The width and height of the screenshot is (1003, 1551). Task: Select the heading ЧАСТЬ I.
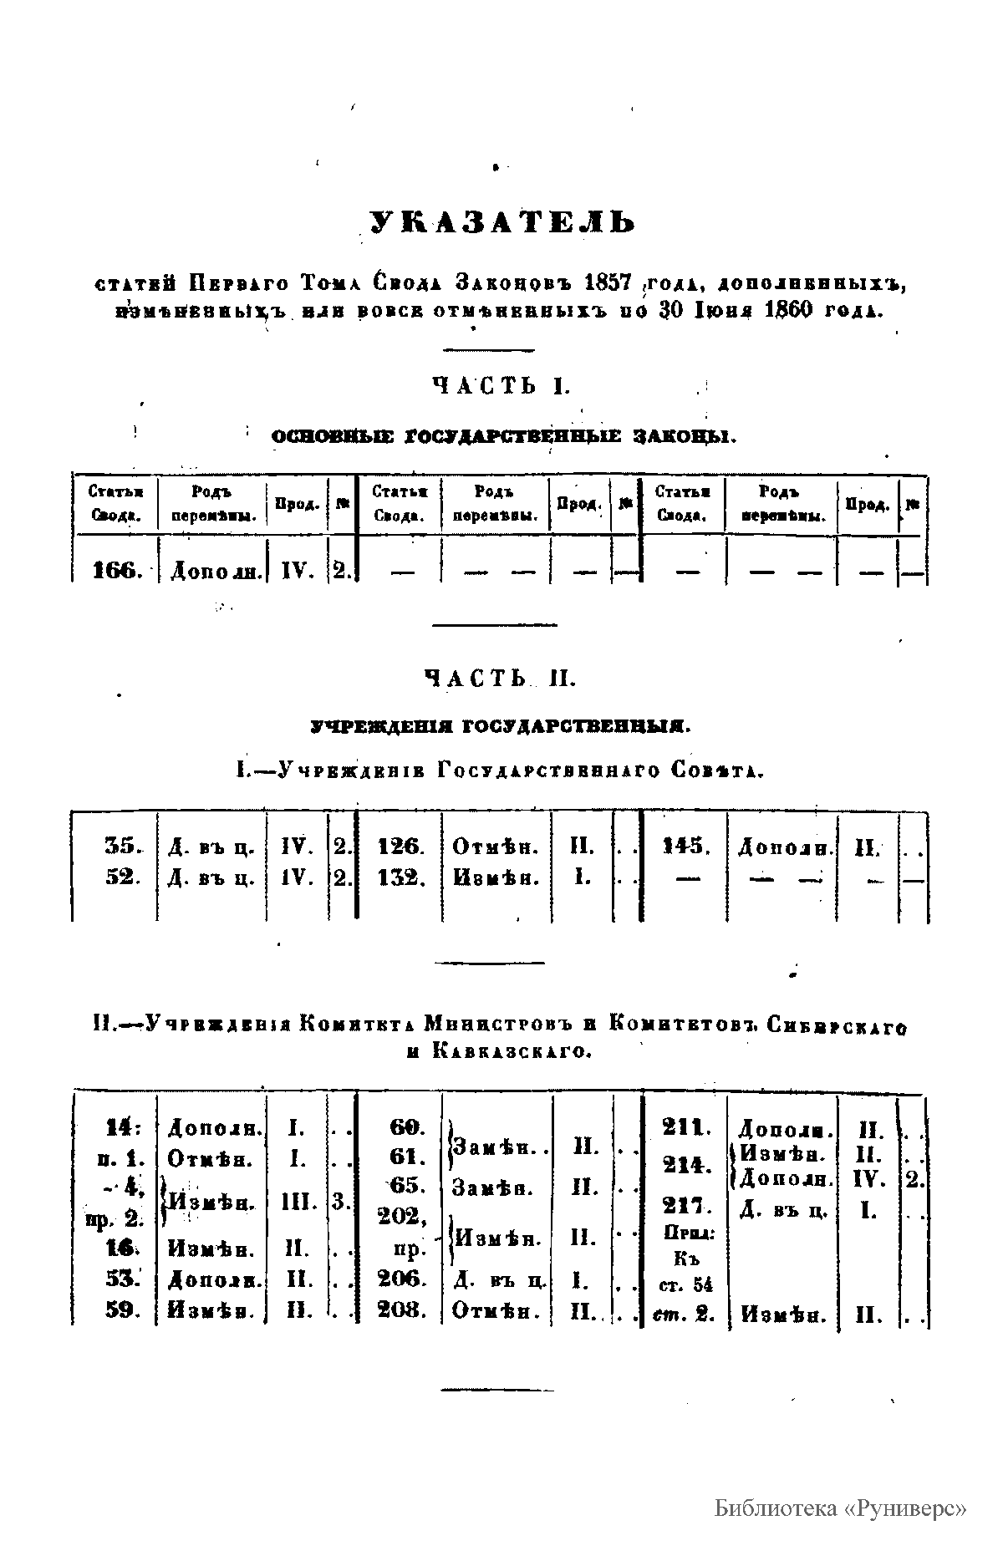tap(501, 385)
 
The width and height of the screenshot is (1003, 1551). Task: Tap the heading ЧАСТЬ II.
tap(501, 679)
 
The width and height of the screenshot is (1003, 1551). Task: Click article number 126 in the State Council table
tap(401, 847)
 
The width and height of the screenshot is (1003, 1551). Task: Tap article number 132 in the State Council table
tap(401, 878)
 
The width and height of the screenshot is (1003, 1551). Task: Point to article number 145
tap(685, 847)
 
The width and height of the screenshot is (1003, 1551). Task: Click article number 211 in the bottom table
tap(685, 1127)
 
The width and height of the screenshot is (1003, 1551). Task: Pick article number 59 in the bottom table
tap(121, 1310)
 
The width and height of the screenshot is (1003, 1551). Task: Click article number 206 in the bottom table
tap(401, 1279)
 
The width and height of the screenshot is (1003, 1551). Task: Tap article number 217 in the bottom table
tap(685, 1206)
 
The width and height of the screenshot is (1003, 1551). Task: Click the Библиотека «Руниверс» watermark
tap(840, 1508)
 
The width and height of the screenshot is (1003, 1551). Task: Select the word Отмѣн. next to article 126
tap(496, 847)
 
